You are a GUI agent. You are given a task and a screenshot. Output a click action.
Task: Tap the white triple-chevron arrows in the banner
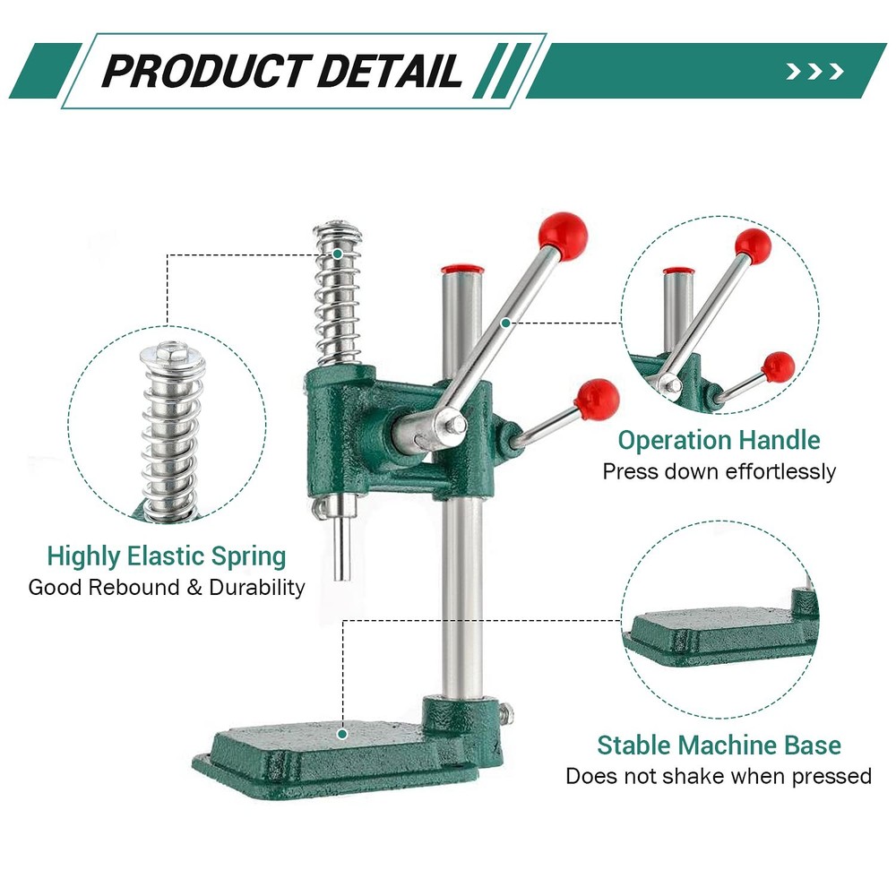[814, 72]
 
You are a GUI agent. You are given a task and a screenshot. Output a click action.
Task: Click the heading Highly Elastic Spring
[167, 556]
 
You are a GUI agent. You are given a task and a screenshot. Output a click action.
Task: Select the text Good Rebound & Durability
[167, 588]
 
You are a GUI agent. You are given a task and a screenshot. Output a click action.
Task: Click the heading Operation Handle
[719, 440]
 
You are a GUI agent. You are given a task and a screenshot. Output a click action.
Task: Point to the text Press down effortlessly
[719, 471]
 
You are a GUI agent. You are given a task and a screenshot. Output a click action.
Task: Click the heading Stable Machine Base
[719, 745]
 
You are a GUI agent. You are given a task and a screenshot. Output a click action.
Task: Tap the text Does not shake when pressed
[719, 776]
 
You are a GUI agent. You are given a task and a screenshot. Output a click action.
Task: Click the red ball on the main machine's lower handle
[597, 399]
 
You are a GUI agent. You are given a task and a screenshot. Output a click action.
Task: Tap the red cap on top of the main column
[462, 269]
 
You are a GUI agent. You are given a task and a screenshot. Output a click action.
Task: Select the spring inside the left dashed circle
[173, 421]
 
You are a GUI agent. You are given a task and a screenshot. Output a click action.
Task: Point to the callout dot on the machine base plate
[342, 734]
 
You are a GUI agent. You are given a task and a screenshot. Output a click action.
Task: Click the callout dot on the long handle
[506, 322]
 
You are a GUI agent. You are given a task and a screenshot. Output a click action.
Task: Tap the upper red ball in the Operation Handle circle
[754, 246]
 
